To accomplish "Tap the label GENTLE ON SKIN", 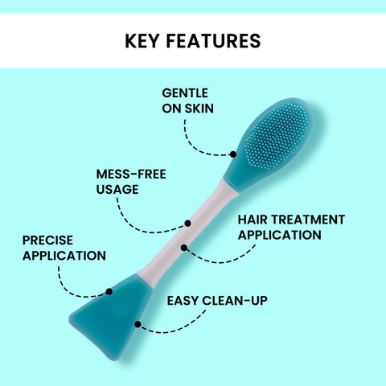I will tap(187, 101).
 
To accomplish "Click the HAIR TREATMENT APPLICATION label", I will tap(279, 227).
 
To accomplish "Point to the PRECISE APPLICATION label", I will tap(64, 248).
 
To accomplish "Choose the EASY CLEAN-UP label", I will tap(217, 302).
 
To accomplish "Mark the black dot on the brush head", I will tap(233, 154).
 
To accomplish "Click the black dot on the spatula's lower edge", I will tap(138, 324).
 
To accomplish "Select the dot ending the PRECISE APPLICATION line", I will tap(109, 291).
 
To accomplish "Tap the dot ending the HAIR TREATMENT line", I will tap(184, 247).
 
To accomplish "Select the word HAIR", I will tap(253, 220).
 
